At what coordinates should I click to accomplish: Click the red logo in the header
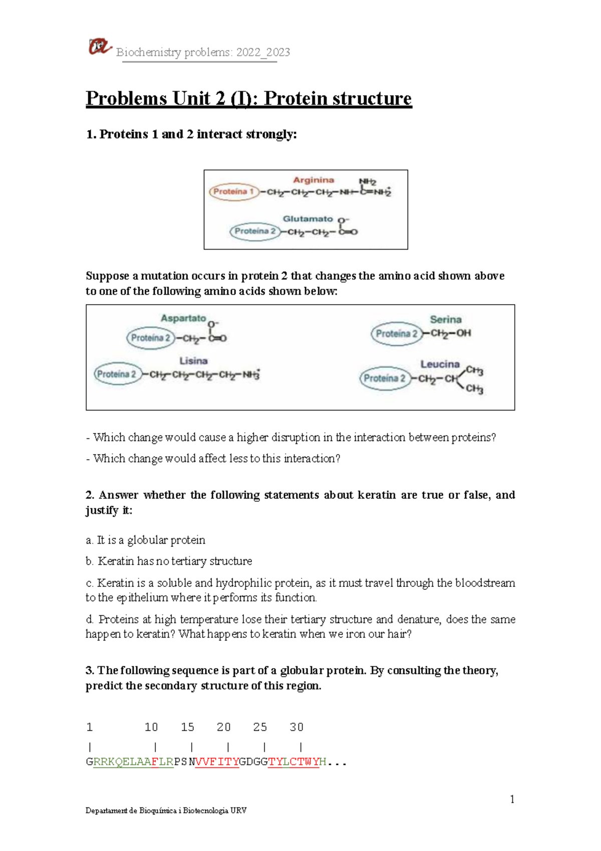pos(99,47)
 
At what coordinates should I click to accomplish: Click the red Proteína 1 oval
pos(233,192)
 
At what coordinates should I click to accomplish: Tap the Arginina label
pos(314,180)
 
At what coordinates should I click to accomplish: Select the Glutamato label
pos(308,219)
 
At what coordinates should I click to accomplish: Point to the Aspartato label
pos(183,318)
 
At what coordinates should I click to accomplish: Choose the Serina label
pos(445,319)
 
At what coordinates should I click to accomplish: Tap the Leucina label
pos(440,364)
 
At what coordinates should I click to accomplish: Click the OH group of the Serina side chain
pos(463,333)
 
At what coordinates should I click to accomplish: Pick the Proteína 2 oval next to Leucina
pos(384,378)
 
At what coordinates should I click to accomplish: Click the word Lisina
pos(193,361)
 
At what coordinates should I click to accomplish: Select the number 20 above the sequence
pos(223,727)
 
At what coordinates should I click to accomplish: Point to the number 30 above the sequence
pos(296,727)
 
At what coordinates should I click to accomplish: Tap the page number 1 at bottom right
pos(512,799)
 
